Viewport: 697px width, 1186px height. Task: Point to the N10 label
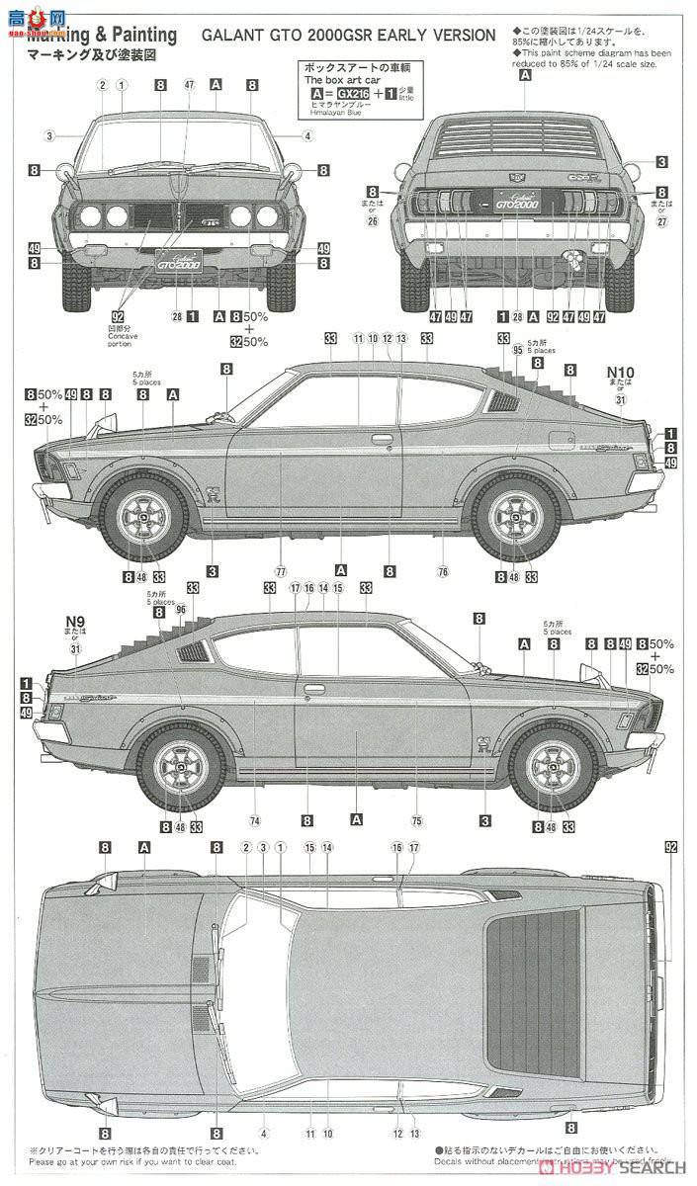click(x=618, y=373)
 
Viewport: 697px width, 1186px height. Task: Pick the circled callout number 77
click(x=281, y=571)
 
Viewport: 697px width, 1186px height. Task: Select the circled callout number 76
click(x=443, y=571)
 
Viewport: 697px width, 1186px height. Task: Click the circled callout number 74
click(x=254, y=819)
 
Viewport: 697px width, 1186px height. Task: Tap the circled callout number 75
click(x=416, y=819)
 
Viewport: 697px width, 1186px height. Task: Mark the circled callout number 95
click(x=517, y=349)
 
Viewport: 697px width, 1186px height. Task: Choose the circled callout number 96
click(x=181, y=609)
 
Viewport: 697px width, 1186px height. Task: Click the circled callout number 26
click(x=373, y=220)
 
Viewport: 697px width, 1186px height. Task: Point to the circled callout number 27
click(x=660, y=221)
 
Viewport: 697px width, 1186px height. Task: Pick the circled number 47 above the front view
click(x=189, y=85)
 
